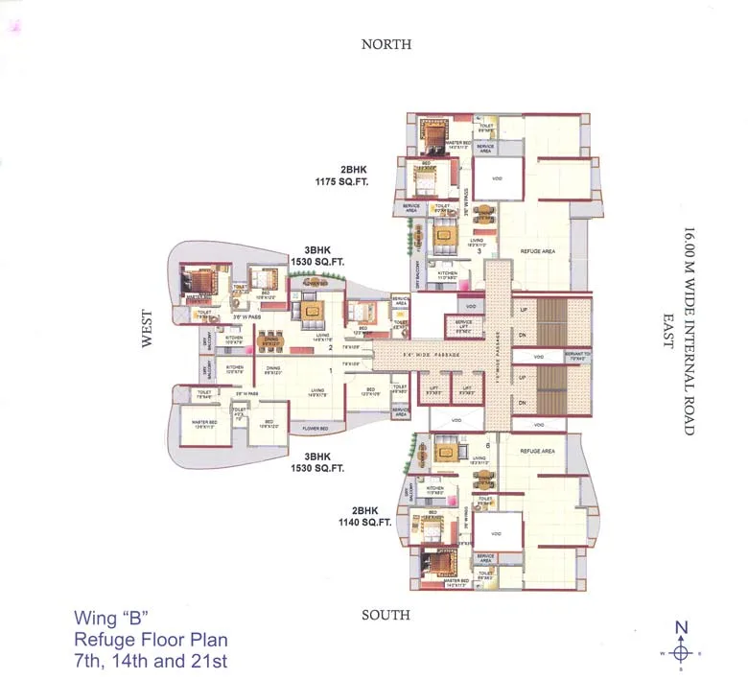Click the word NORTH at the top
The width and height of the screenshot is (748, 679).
coord(386,44)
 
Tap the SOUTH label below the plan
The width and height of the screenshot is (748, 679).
coord(386,615)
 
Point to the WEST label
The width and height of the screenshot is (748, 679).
coord(147,328)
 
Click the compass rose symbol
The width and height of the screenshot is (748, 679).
coord(681,652)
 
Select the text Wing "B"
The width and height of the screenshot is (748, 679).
coord(111,618)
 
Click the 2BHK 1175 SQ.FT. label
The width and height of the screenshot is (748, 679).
coord(341,175)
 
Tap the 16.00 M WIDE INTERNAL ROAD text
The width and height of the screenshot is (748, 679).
coord(688,330)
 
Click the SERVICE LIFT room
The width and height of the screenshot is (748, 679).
coord(464,325)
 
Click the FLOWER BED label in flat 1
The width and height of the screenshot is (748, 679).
coord(316,428)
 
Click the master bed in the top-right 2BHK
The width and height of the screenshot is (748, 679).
coord(434,133)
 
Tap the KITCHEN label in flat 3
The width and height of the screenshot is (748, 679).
coord(448,273)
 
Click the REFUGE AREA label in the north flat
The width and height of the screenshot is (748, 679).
coord(538,251)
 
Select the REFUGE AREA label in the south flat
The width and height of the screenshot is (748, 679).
coord(538,451)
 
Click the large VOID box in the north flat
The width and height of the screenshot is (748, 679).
coord(497,178)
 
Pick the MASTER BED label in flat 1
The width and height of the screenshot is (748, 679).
coord(202,423)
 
